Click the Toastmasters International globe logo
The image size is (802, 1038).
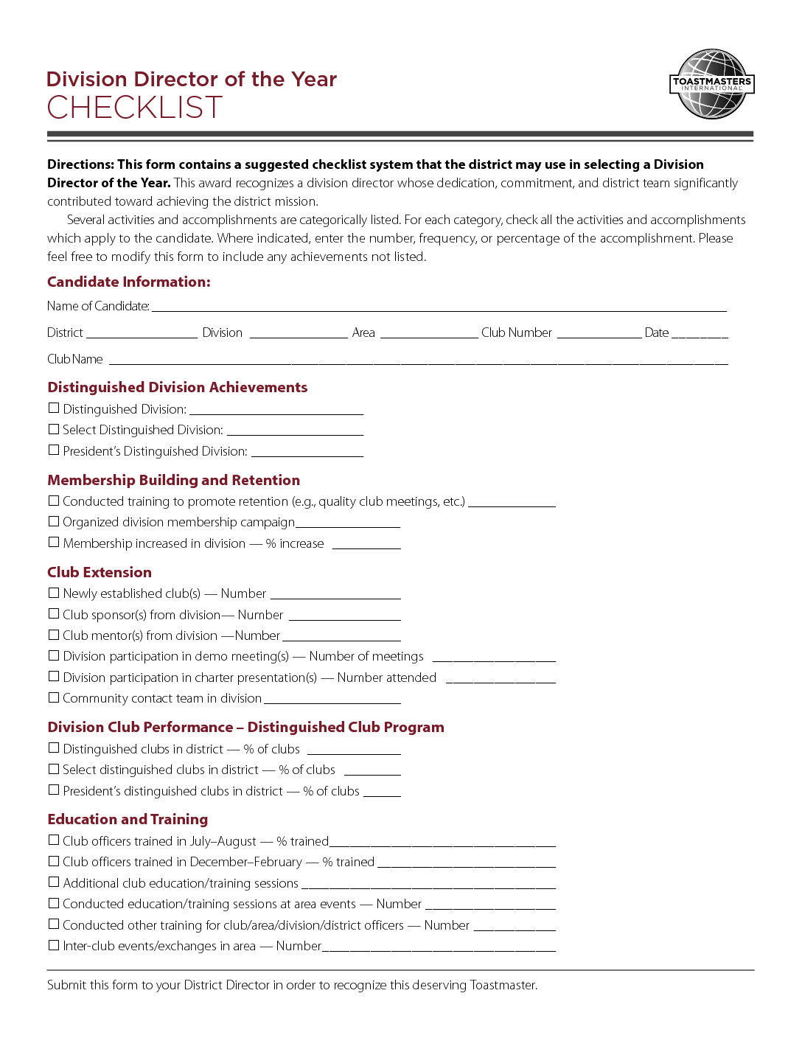[x=712, y=84]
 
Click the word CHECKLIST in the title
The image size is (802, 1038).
[x=134, y=108]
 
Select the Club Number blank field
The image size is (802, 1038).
[x=599, y=335]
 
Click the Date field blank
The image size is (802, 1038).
[x=700, y=335]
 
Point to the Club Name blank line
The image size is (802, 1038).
[x=418, y=361]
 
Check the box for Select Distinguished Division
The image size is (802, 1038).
[x=54, y=429]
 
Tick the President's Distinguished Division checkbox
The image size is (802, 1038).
[x=54, y=450]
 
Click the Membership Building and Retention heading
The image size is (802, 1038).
[x=173, y=480]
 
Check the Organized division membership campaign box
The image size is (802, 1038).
[x=54, y=521]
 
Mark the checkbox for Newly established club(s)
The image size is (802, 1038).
[x=54, y=593]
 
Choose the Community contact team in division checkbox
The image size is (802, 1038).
[x=54, y=697]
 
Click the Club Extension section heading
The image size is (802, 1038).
[x=100, y=572]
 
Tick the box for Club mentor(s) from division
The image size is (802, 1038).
[x=54, y=635]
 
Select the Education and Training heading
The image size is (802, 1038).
[x=128, y=819]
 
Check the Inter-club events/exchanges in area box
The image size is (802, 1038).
[x=54, y=945]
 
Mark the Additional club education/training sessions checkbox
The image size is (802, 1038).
[x=54, y=882]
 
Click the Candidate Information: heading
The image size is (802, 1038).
[x=129, y=282]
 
